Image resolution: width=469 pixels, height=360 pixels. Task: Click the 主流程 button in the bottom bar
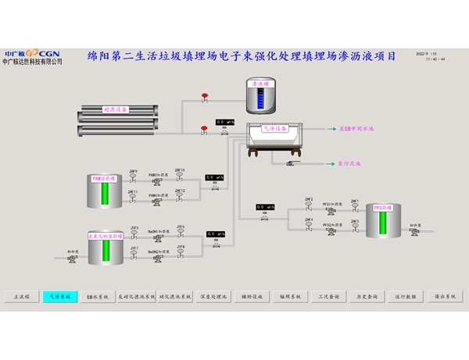(x=21, y=297)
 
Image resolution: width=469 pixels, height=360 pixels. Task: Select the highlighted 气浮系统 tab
(x=60, y=297)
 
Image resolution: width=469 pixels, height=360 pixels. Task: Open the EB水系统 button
(x=97, y=297)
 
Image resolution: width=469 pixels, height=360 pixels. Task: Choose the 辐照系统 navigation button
(x=290, y=297)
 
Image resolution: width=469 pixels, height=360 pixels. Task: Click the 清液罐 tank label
(x=260, y=83)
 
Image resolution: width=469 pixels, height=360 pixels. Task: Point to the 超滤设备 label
(x=116, y=110)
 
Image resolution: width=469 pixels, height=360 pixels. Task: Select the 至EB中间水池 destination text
(x=356, y=128)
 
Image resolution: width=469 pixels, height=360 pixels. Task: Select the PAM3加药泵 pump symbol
(x=158, y=181)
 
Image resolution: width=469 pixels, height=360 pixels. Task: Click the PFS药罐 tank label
(x=382, y=209)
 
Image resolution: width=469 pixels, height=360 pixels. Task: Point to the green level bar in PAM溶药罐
(x=103, y=194)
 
